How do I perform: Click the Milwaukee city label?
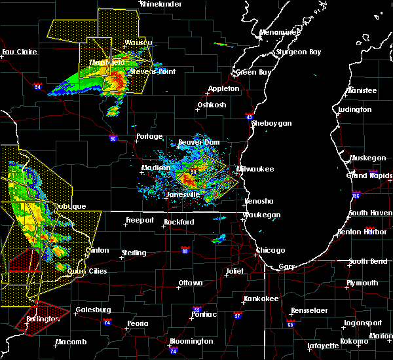pyautogui.click(x=255, y=169)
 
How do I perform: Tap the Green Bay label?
pyautogui.click(x=253, y=72)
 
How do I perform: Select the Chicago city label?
pyautogui.click(x=271, y=250)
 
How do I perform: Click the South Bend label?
pyautogui.click(x=367, y=261)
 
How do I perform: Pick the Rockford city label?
pyautogui.click(x=179, y=222)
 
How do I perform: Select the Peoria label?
pyautogui.click(x=136, y=323)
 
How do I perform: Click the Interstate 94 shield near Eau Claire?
pyautogui.click(x=37, y=85)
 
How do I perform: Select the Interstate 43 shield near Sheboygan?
pyautogui.click(x=250, y=117)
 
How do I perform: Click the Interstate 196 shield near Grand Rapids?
pyautogui.click(x=356, y=195)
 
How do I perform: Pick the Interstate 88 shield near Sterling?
pyautogui.click(x=185, y=249)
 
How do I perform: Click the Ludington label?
pyautogui.click(x=356, y=109)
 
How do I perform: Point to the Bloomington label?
pyautogui.click(x=191, y=341)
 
